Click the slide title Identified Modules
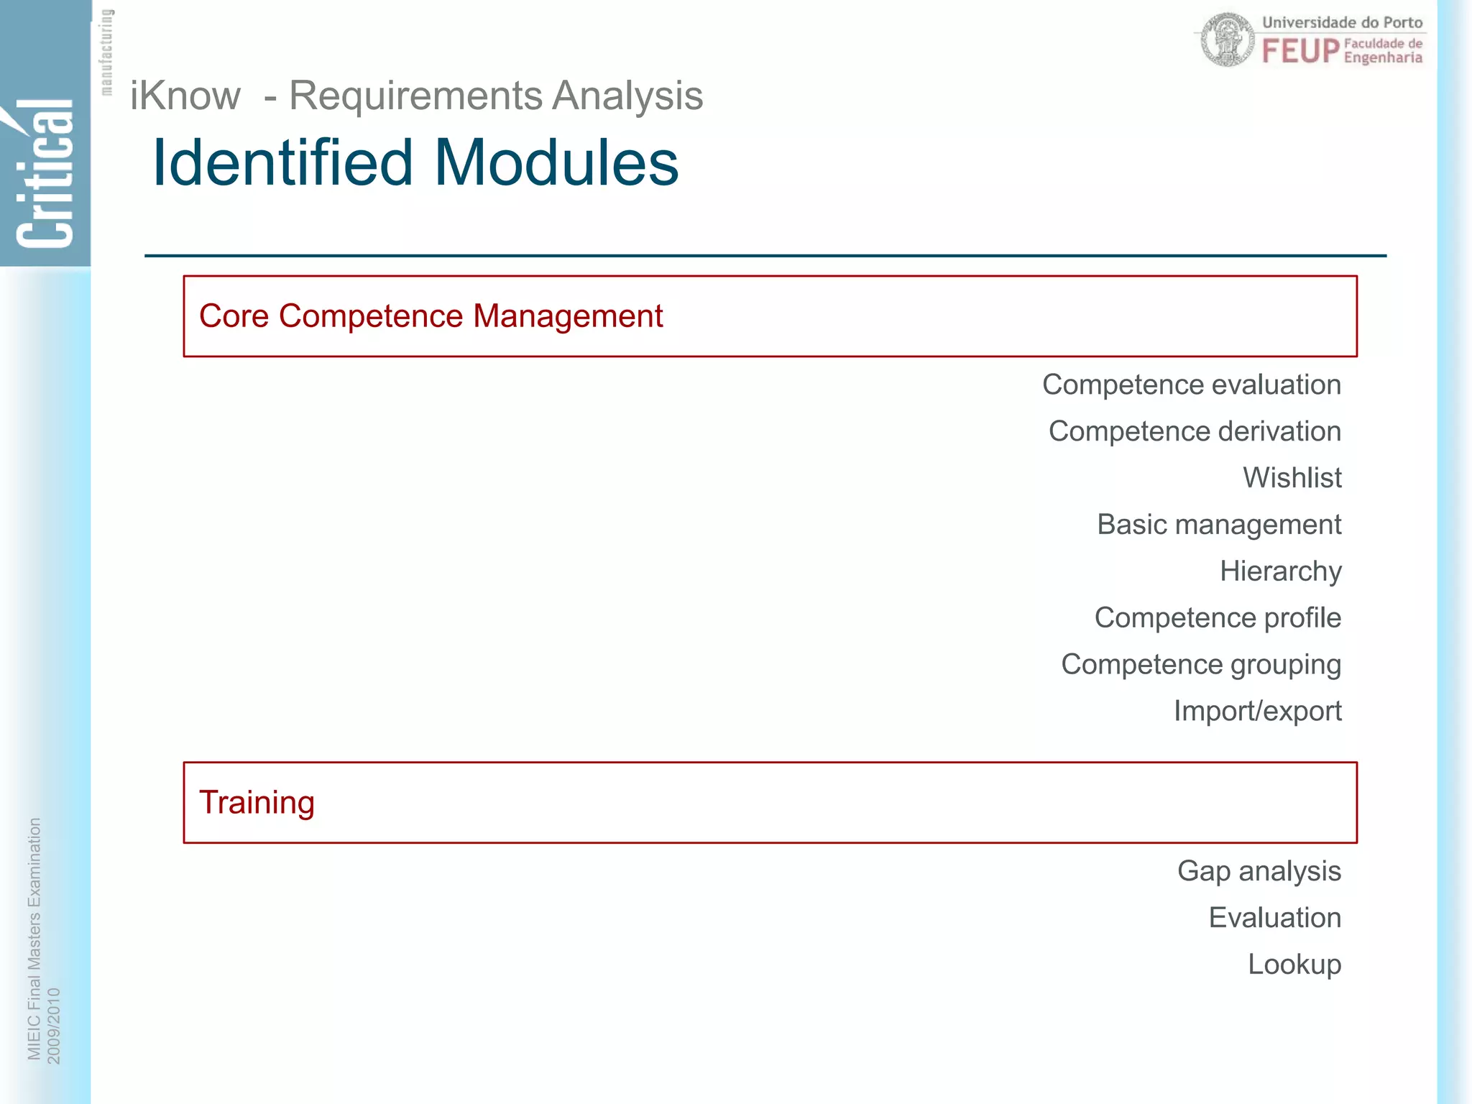[x=415, y=162]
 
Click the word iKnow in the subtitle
[x=185, y=96]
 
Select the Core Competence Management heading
[x=431, y=316]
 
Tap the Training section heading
[x=257, y=802]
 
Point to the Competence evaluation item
[x=1191, y=385]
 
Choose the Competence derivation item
[x=1195, y=431]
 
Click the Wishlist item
[x=1292, y=478]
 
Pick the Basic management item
[x=1218, y=525]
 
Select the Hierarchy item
[x=1280, y=571]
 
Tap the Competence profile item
[x=1217, y=618]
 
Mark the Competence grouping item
[x=1200, y=665]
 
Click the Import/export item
[x=1257, y=712]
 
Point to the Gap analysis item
[x=1259, y=871]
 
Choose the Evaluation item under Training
[x=1274, y=918]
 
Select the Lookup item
[x=1294, y=965]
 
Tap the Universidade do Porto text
[x=1342, y=22]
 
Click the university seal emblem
[x=1227, y=40]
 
